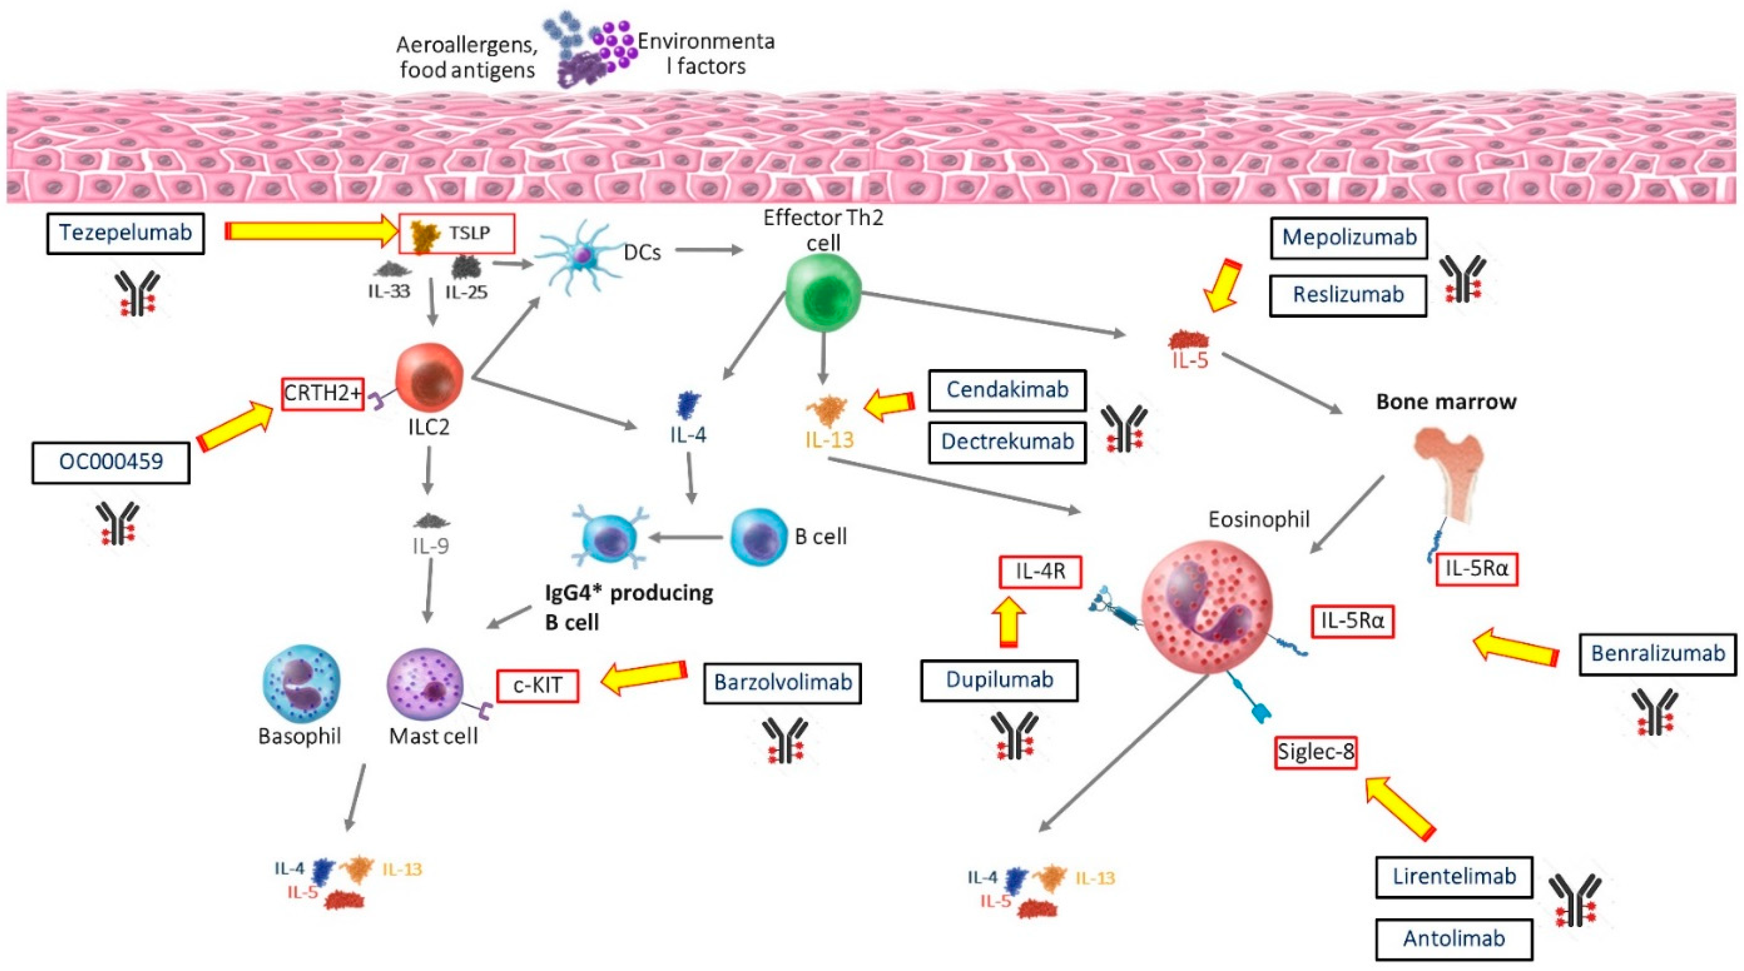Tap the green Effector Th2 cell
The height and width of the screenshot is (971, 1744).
coord(823,296)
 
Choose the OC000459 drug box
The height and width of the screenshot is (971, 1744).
coord(111,462)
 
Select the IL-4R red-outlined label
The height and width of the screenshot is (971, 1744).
coord(1040,572)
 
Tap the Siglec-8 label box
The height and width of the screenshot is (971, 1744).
coord(1316,752)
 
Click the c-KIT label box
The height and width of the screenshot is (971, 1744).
coord(538,685)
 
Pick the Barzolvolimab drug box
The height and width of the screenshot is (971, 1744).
coord(782,683)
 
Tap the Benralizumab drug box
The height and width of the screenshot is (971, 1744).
coord(1657,654)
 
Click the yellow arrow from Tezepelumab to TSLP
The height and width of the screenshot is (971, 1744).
coord(311,231)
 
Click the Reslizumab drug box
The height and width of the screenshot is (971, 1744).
coord(1348,295)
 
